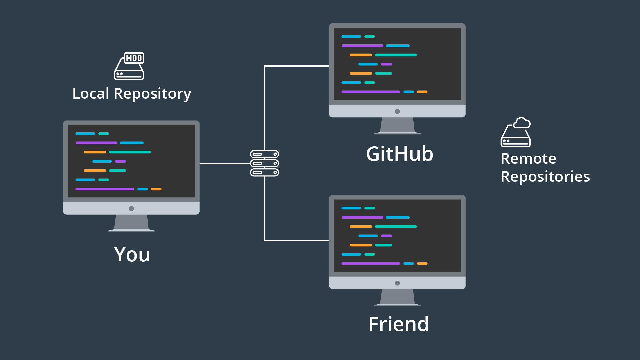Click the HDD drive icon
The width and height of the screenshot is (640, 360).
129,66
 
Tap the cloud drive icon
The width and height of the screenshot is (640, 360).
515,132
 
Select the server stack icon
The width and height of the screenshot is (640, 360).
264,163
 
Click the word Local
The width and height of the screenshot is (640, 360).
91,94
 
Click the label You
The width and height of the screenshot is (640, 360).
132,255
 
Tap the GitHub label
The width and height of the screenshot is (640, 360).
399,154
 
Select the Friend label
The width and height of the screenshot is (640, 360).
399,324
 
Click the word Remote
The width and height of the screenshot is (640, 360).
528,159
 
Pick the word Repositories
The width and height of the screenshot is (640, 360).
545,177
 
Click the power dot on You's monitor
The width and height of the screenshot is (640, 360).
131,209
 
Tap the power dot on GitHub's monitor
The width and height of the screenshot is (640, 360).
397,111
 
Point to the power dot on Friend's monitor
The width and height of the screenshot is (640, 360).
397,283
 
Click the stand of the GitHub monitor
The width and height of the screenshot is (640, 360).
397,126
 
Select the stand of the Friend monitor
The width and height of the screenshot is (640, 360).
397,297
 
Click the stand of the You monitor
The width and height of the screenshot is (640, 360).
131,223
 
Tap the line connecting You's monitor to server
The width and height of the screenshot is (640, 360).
225,164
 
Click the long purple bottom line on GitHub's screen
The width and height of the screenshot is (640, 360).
371,92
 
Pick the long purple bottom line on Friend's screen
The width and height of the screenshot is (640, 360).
371,263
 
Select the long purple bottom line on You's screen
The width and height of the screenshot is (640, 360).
105,189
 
